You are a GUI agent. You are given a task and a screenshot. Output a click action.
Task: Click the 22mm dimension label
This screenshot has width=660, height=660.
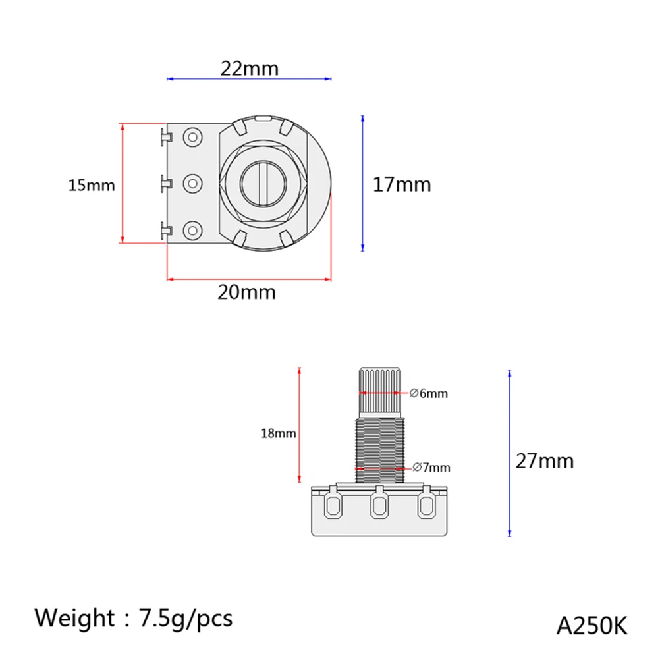(249, 68)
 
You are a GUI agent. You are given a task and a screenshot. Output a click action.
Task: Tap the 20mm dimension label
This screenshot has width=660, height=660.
(246, 292)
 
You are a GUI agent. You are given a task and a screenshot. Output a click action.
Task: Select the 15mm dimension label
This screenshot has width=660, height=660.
(92, 185)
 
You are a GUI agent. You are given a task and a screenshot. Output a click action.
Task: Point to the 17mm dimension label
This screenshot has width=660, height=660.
(402, 184)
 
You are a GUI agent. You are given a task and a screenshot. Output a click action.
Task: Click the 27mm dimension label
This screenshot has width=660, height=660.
(544, 460)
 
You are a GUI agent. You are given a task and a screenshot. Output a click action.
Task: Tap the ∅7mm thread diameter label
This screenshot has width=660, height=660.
(431, 468)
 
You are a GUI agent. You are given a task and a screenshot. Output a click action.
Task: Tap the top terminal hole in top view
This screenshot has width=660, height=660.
(192, 136)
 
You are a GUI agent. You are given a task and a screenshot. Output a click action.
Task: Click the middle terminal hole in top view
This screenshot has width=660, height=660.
(192, 182)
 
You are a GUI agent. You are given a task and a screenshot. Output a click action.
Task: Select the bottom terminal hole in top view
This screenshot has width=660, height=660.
(192, 230)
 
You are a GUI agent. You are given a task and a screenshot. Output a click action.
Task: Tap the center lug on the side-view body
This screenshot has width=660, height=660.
(379, 505)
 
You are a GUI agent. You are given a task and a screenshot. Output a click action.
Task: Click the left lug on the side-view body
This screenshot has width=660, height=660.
(333, 505)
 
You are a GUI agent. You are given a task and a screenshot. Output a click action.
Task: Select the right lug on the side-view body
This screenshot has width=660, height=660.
(426, 505)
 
